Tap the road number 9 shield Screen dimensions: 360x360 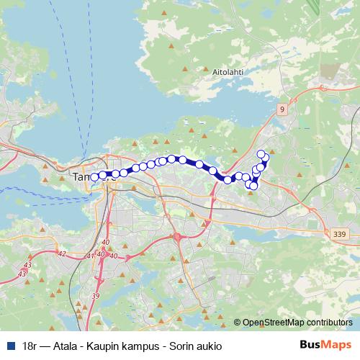pyautogui.click(x=282, y=109)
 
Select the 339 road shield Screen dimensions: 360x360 pyautogui.click(x=340, y=234)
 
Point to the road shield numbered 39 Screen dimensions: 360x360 pyautogui.click(x=96, y=295)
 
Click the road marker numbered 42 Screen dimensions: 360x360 pyautogui.click(x=60, y=253)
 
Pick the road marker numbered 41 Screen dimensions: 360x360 pyautogui.click(x=90, y=256)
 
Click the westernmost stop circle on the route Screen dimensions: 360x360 pyautogui.click(x=94, y=177)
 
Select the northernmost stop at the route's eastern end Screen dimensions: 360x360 pyautogui.click(x=261, y=153)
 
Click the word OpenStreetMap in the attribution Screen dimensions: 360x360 pyautogui.click(x=274, y=323)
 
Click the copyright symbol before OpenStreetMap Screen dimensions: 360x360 pyautogui.click(x=238, y=323)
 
